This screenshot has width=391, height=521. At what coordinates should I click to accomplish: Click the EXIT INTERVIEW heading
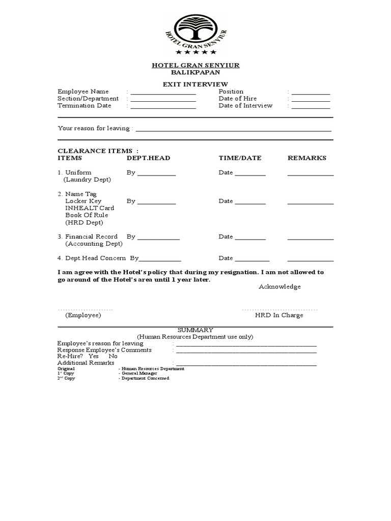pyautogui.click(x=195, y=84)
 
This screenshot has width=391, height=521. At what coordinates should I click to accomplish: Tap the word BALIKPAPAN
pyautogui.click(x=195, y=72)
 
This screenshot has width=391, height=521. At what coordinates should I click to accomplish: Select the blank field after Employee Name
pyautogui.click(x=163, y=93)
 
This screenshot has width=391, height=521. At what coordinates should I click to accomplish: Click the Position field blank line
pyautogui.click(x=311, y=93)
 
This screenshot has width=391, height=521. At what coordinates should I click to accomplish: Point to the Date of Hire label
pyautogui.click(x=238, y=98)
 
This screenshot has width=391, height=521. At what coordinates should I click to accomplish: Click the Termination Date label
pyautogui.click(x=84, y=105)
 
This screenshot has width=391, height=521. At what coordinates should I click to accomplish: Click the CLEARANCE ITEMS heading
pyautogui.click(x=98, y=151)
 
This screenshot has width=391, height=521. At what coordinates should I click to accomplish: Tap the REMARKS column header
pyautogui.click(x=307, y=158)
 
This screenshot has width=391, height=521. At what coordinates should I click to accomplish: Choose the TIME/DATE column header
pyautogui.click(x=240, y=158)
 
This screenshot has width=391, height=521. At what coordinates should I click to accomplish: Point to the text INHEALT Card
pyautogui.click(x=90, y=208)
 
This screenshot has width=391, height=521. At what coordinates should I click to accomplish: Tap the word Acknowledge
pyautogui.click(x=280, y=286)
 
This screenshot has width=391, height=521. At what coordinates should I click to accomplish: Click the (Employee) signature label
pyautogui.click(x=83, y=315)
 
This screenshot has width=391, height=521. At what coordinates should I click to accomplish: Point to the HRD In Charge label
pyautogui.click(x=279, y=315)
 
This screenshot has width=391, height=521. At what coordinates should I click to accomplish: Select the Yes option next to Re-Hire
pyautogui.click(x=93, y=356)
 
